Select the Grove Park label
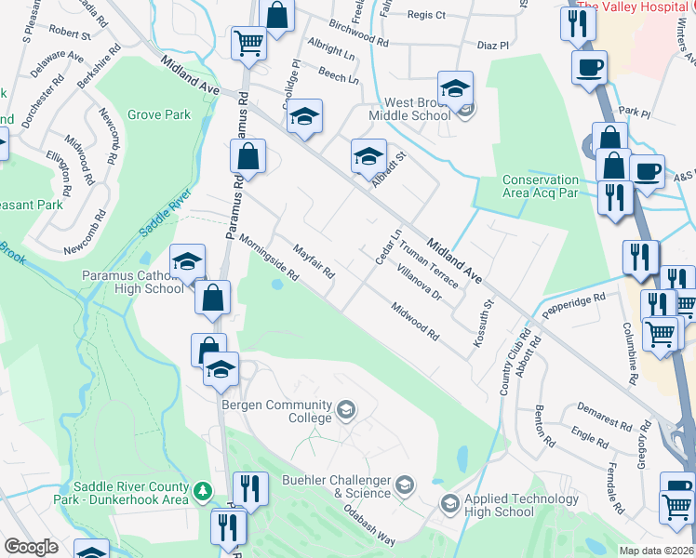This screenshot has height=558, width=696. pos(159,115)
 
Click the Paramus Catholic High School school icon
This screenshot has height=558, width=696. pos(187,262)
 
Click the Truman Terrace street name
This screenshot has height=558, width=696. pos(429,264)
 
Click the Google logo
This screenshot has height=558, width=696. pos(31,547)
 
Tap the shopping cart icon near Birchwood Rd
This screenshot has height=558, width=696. pos(248,43)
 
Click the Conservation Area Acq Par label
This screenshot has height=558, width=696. pos(541,187)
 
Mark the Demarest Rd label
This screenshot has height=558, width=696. pos(605,416)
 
